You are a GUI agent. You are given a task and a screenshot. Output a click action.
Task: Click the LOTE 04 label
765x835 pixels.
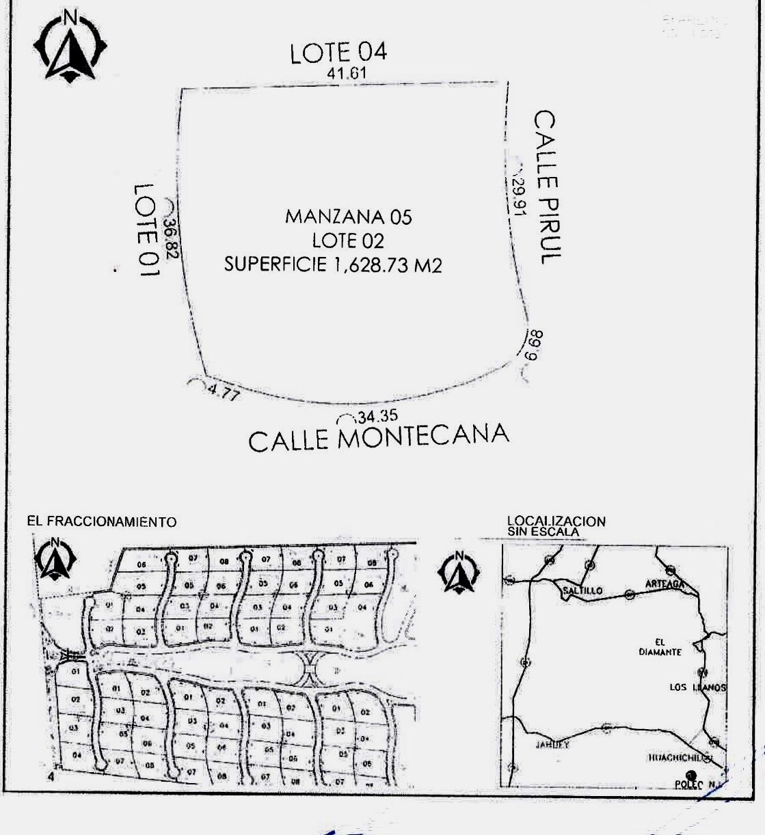click(338, 53)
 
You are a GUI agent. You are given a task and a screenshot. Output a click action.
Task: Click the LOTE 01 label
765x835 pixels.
click(146, 229)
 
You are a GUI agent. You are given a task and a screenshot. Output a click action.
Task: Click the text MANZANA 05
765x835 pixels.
click(349, 217)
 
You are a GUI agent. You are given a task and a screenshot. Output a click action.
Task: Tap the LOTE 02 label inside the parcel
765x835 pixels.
click(348, 241)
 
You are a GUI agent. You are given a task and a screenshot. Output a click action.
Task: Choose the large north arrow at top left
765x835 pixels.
click(69, 46)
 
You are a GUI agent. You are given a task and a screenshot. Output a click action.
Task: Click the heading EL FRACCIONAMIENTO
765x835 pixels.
click(102, 522)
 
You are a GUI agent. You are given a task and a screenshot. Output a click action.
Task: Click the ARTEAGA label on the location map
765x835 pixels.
click(664, 584)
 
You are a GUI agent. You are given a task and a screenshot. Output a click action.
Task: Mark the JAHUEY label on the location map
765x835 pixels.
click(552, 744)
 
